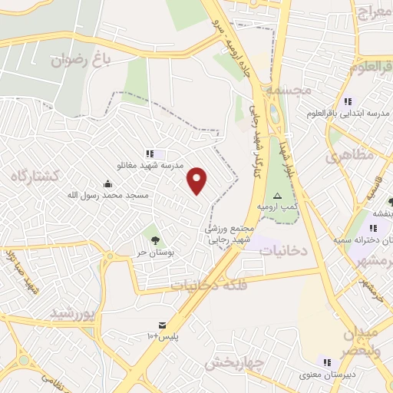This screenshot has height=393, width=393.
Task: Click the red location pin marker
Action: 198,180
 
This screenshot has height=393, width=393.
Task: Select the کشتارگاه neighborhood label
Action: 35,176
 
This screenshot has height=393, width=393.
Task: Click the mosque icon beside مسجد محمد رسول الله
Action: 107,183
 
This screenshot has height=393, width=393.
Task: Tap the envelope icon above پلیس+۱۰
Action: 162,326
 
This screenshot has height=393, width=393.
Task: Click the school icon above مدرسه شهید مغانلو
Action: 150,154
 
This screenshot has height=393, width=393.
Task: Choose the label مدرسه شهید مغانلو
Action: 150,166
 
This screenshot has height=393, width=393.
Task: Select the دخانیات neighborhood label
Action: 282,251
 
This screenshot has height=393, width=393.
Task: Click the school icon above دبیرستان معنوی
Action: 328,362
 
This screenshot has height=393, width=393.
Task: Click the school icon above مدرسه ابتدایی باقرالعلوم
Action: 348,101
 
